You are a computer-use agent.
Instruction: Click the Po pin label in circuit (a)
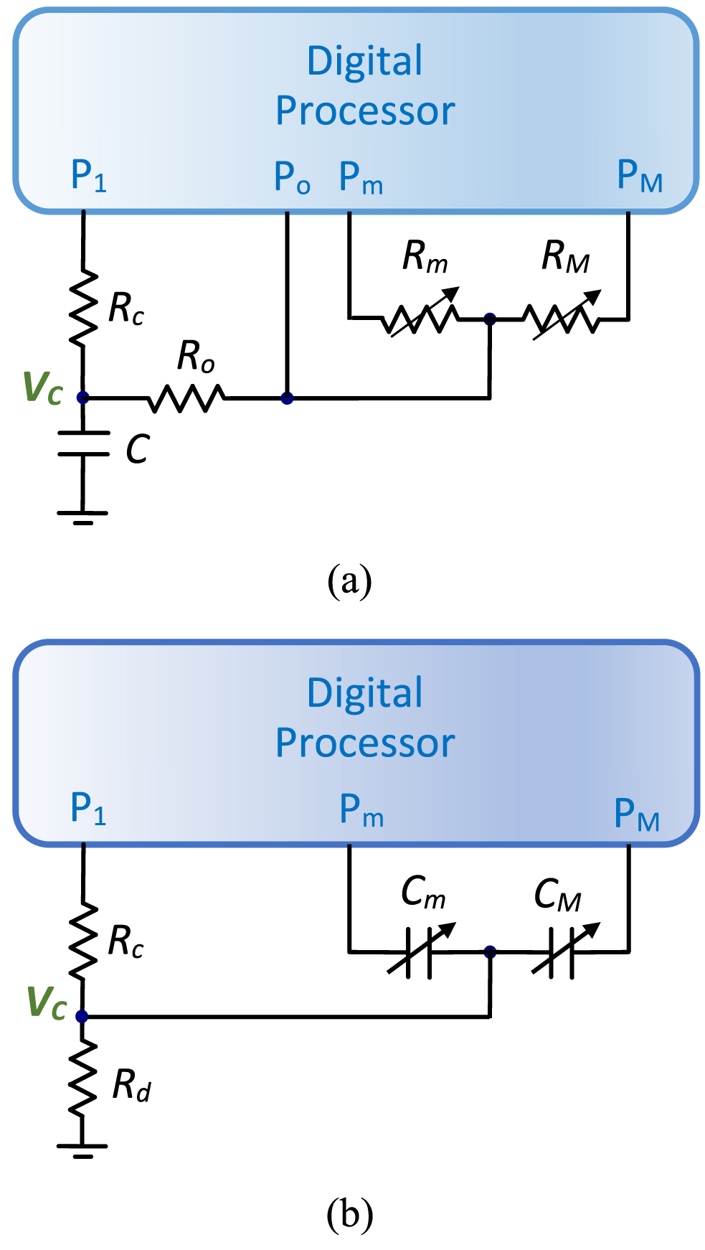pyautogui.click(x=292, y=177)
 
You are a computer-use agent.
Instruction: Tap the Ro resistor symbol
pyautogui.click(x=186, y=398)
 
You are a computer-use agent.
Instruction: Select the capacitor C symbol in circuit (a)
pyautogui.click(x=83, y=443)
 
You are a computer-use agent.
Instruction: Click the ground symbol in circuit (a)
pyautogui.click(x=83, y=516)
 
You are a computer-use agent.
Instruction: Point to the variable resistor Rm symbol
pyautogui.click(x=422, y=318)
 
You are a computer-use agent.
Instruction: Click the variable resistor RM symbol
pyautogui.click(x=564, y=318)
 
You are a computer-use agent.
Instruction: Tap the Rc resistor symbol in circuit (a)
pyautogui.click(x=83, y=307)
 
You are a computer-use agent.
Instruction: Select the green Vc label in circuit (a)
pyautogui.click(x=43, y=388)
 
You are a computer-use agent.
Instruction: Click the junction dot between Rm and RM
pyautogui.click(x=490, y=319)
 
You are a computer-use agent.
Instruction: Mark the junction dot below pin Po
pyautogui.click(x=287, y=398)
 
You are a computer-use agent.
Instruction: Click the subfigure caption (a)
pyautogui.click(x=349, y=581)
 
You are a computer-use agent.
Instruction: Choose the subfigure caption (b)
pyautogui.click(x=349, y=1214)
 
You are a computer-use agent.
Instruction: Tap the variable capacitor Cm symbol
pyautogui.click(x=420, y=951)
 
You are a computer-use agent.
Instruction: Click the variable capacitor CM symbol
pyautogui.click(x=563, y=951)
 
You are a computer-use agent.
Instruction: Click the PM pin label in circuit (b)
pyautogui.click(x=637, y=815)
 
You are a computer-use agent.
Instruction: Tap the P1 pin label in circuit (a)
pyautogui.click(x=89, y=176)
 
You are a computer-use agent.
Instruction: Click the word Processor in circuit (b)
pyautogui.click(x=365, y=743)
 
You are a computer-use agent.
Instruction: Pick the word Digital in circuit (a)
pyautogui.click(x=365, y=61)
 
